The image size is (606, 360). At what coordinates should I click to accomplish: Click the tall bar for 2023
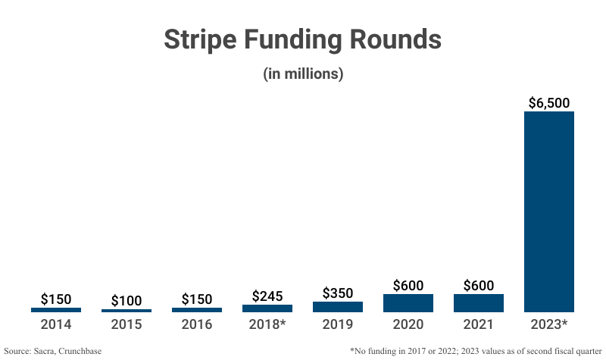[549, 211]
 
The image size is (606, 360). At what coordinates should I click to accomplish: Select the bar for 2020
[408, 303]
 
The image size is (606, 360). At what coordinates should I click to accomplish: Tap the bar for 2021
[479, 303]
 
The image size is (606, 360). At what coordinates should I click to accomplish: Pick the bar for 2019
[338, 307]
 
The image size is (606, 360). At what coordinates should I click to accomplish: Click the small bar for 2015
[127, 311]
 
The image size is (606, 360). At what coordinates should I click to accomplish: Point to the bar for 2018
[267, 308]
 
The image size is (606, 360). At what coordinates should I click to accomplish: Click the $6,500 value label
[549, 102]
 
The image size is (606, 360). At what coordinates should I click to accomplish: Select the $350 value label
[338, 293]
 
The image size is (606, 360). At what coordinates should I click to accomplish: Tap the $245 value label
[267, 296]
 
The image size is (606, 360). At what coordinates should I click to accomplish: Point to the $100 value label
[127, 301]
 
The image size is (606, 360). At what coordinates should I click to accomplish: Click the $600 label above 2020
[408, 286]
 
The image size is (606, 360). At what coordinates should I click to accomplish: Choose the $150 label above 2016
[197, 299]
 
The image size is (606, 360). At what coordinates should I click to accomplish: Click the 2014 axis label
[56, 324]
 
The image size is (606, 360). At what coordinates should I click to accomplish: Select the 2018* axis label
[267, 324]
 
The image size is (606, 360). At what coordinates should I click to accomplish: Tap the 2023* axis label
[549, 324]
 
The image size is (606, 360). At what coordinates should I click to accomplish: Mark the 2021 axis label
[479, 324]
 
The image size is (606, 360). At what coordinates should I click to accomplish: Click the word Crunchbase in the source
[80, 351]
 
